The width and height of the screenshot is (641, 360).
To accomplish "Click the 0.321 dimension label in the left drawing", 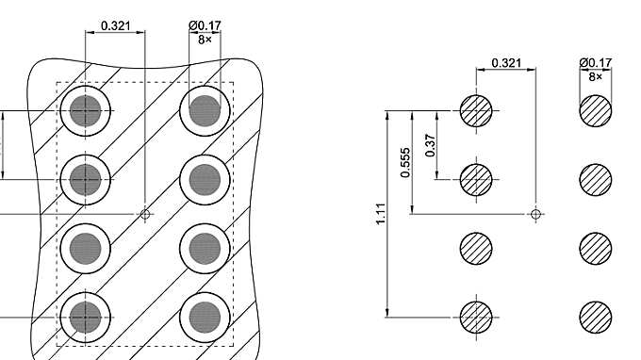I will pos(115,25).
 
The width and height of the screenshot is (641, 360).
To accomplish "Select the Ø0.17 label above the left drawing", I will pos(205,25).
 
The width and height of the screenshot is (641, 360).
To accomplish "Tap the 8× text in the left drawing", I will pos(205,40).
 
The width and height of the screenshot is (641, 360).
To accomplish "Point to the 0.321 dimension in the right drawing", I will pos(506,63).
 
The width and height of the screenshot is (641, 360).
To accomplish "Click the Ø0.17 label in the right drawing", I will pos(596,63).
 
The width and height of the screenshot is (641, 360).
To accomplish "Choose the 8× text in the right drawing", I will pos(596,76).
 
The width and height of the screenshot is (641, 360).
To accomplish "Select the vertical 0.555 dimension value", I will pos(405,162).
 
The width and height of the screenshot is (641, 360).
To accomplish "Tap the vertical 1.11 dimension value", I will pos(380,214).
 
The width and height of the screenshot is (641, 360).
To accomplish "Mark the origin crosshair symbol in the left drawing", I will pos(145,214).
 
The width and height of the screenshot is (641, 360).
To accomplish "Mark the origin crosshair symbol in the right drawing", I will pos(535,214).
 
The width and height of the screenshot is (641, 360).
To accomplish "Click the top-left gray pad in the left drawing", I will pos(86,110).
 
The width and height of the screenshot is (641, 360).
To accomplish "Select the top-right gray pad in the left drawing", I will pos(205,110).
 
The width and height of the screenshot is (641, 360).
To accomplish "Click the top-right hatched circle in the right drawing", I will pos(596,110).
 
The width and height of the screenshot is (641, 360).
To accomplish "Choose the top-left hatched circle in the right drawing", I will pos(476,110).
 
